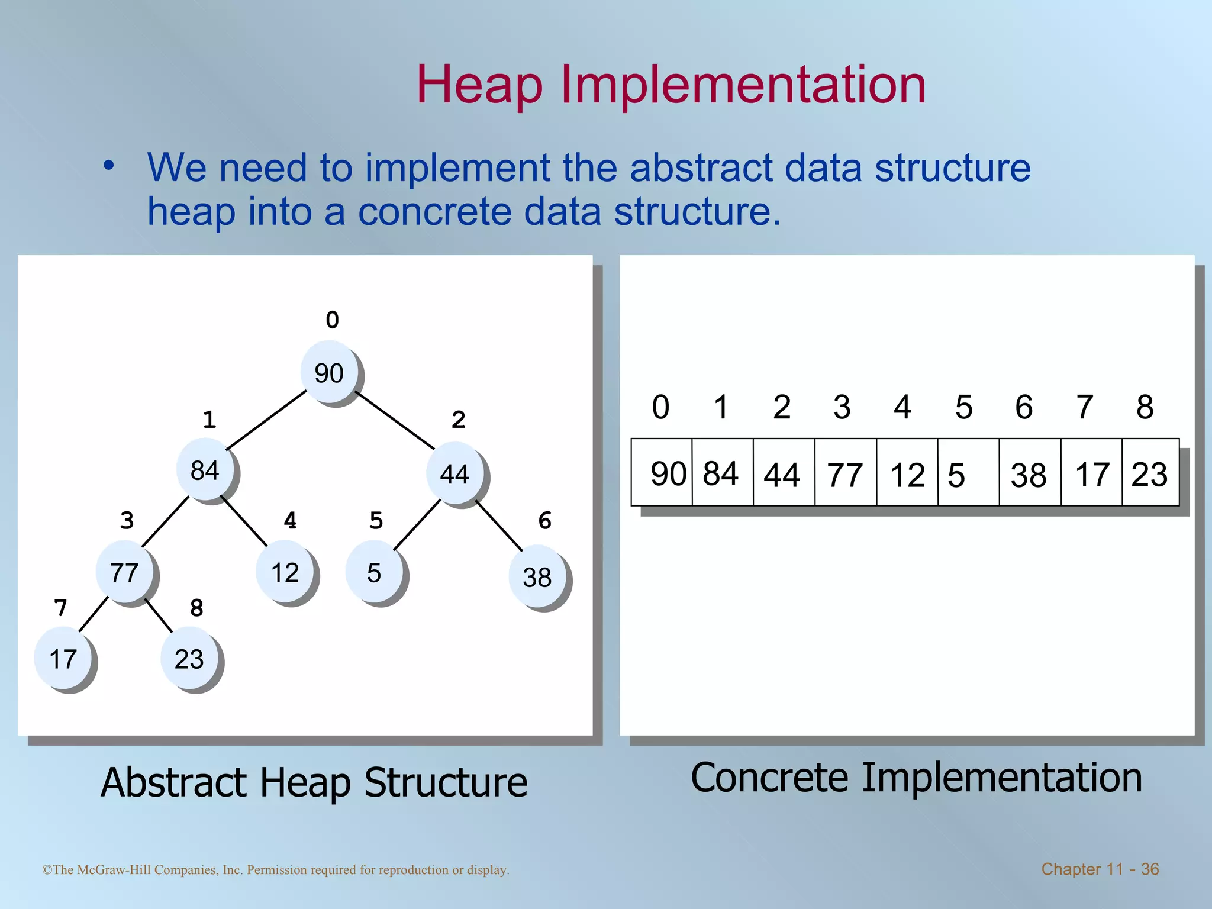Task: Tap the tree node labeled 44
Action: click(x=455, y=473)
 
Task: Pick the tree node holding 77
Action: click(x=125, y=572)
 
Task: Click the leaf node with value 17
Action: click(x=63, y=658)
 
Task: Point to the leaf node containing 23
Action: click(x=189, y=658)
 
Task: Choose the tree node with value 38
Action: click(x=537, y=576)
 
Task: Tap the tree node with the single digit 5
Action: click(x=374, y=572)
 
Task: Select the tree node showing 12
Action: click(x=285, y=572)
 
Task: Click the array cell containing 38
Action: click(x=1030, y=473)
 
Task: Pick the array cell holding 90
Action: click(x=662, y=473)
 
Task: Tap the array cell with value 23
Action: click(x=1150, y=473)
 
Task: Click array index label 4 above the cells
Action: click(x=902, y=407)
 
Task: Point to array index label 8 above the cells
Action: click(x=1145, y=407)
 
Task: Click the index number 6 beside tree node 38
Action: click(x=545, y=521)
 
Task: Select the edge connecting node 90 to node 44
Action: click(x=394, y=420)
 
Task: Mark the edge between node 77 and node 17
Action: click(x=93, y=614)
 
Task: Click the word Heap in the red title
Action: click(x=479, y=86)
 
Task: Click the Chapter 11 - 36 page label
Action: click(x=1100, y=869)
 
